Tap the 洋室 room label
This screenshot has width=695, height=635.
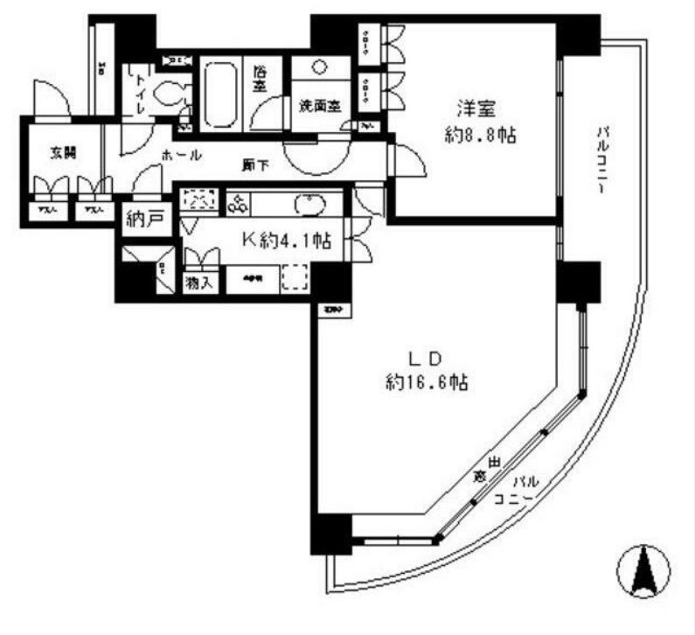(476, 110)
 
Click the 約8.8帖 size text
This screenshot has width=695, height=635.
(476, 136)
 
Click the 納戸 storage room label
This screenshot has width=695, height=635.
(144, 220)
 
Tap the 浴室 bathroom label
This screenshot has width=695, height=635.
(260, 80)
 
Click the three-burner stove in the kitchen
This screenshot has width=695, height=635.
(239, 204)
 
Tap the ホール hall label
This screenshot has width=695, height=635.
(182, 155)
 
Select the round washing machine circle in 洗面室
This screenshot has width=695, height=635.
(319, 67)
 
